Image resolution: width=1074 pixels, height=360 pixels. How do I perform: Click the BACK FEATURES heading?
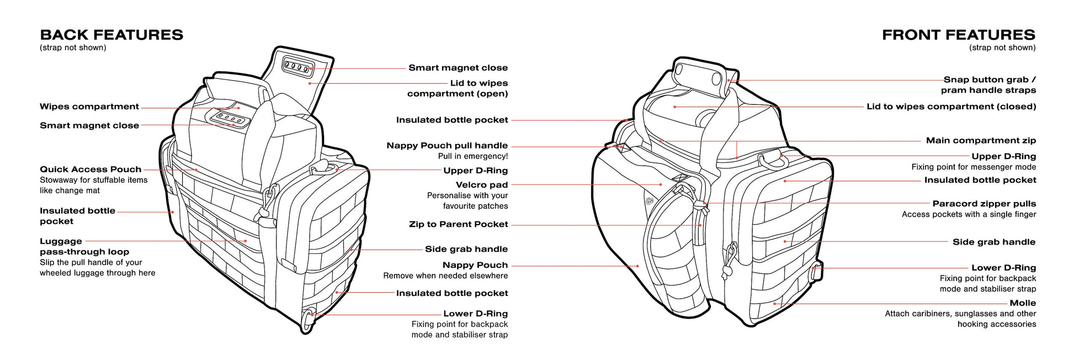tap(111, 35)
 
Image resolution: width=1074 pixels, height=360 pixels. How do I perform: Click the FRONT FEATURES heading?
tap(958, 35)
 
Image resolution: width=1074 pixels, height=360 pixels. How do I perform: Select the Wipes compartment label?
tap(89, 107)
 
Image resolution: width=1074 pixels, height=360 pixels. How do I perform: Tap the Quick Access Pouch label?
tap(91, 170)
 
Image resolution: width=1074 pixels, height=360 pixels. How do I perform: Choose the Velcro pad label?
tap(481, 185)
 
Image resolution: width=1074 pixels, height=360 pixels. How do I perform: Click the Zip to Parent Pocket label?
tap(458, 224)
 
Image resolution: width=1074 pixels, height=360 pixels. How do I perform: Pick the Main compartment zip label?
tap(981, 140)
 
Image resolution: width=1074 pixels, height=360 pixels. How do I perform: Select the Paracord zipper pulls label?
tap(984, 204)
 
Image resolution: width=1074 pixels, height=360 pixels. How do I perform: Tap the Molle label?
tap(1023, 303)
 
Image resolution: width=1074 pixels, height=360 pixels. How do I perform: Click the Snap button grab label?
tap(989, 80)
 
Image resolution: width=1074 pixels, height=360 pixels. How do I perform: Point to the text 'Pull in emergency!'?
tap(472, 156)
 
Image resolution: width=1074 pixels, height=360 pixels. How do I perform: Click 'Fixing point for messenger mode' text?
tap(974, 167)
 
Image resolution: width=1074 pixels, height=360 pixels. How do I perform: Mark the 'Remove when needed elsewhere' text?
tap(445, 276)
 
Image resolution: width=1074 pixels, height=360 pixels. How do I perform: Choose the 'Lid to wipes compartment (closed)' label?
tap(951, 107)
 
